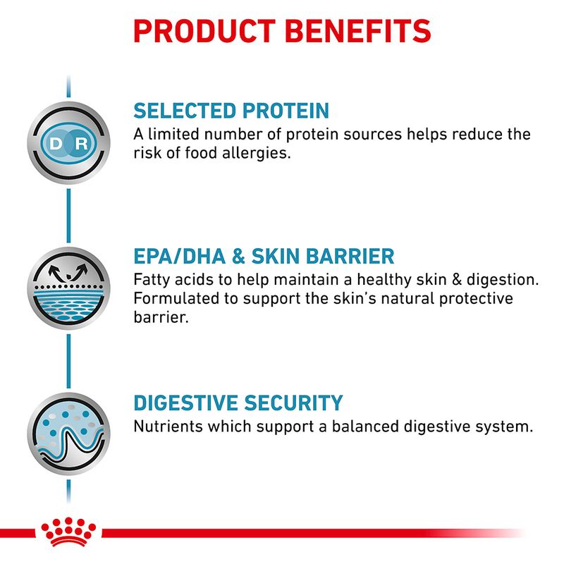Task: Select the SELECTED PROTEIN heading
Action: pos(231,111)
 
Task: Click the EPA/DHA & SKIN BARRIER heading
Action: pos(264,256)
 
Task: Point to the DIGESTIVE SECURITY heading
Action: pos(238,403)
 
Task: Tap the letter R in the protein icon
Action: pos(82,144)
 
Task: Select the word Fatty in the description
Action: pos(151,280)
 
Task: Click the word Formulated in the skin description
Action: pos(175,298)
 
